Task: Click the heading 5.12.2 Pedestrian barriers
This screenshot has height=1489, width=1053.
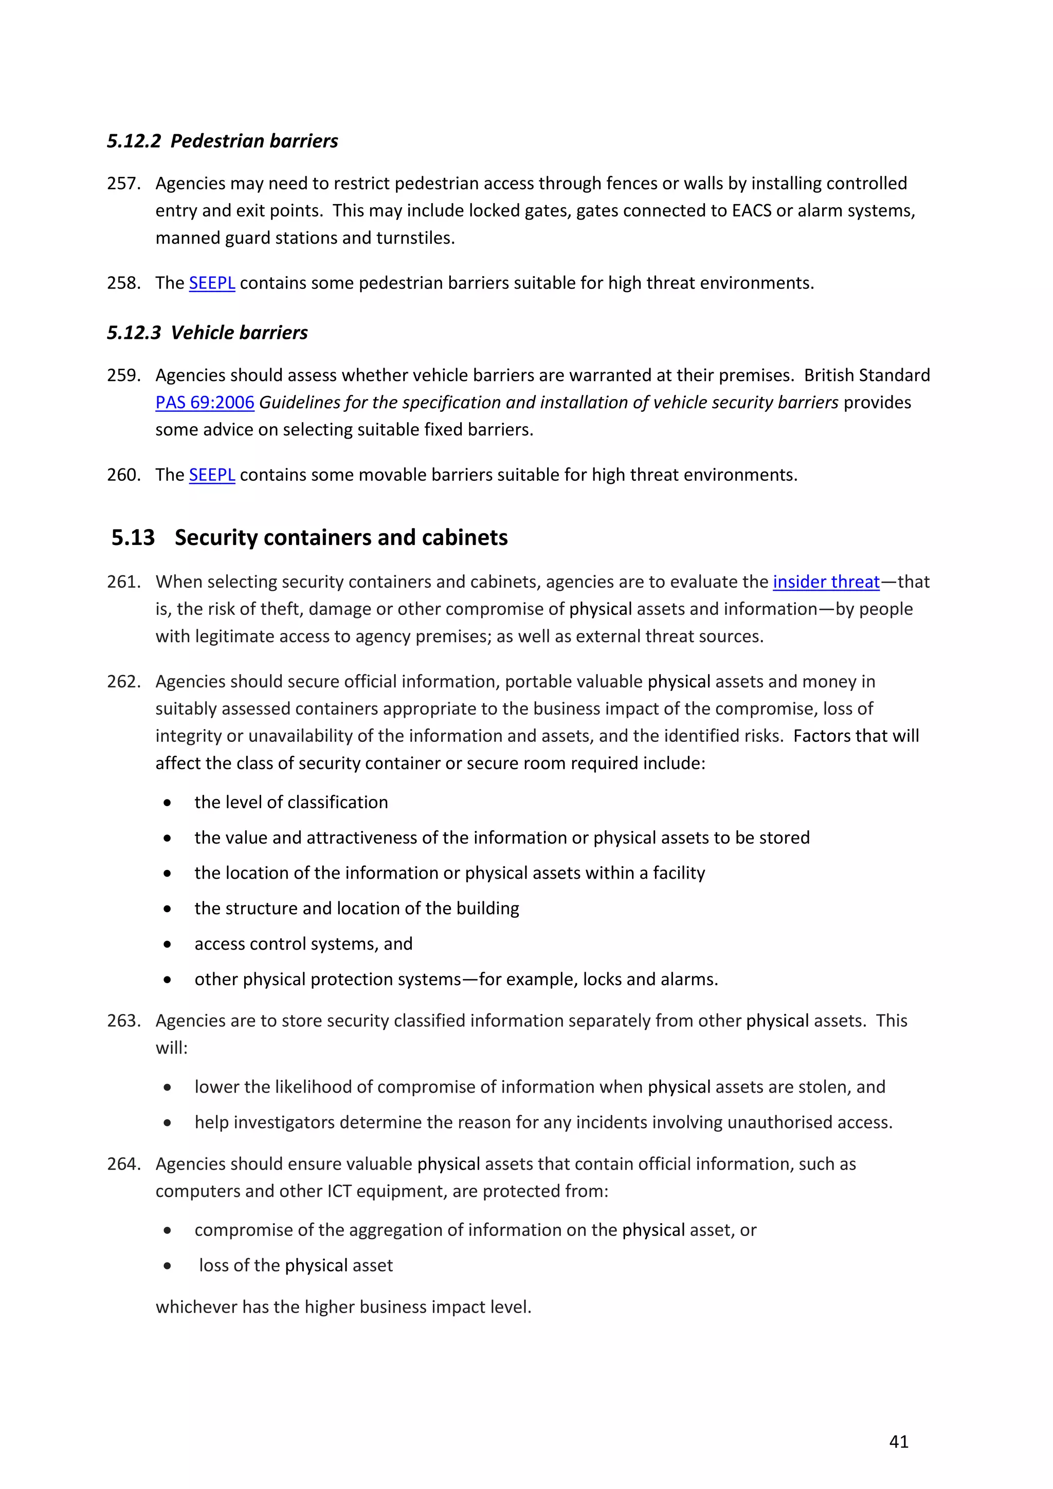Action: click(x=223, y=141)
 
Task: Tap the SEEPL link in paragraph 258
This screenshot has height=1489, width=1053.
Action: click(x=211, y=283)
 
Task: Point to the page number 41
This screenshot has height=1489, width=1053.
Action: click(x=899, y=1442)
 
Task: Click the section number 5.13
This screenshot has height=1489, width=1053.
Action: click(x=133, y=538)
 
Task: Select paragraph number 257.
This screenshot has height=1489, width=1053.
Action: click(x=123, y=184)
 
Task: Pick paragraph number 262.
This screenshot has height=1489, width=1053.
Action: click(x=123, y=682)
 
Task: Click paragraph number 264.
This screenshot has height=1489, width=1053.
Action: click(x=123, y=1164)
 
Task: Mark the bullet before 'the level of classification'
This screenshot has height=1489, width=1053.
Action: click(x=167, y=803)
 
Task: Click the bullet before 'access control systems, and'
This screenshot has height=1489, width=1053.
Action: click(x=167, y=944)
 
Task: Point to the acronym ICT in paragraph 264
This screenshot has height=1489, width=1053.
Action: click(x=339, y=1191)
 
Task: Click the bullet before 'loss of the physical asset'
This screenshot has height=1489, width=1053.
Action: click(x=167, y=1266)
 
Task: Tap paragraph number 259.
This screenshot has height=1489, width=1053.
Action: click(x=123, y=375)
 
